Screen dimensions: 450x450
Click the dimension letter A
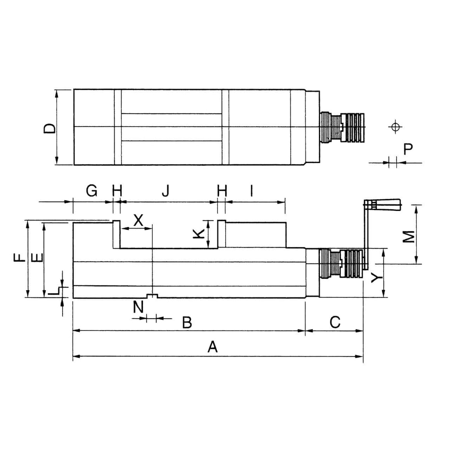point(212,347)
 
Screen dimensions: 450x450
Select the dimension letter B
point(187,322)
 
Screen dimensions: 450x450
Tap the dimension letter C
point(335,322)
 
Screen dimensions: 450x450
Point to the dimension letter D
point(49,128)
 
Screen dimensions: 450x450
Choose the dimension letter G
point(92,191)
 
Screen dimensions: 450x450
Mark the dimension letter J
point(166,191)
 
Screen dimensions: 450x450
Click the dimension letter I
point(252,191)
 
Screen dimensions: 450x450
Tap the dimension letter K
point(199,233)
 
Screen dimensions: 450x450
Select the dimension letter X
point(138,221)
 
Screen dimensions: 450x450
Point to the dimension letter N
point(138,307)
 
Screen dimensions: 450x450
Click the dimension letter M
point(408,236)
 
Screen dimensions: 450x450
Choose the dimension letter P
point(408,149)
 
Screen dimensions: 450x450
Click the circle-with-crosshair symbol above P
point(395,127)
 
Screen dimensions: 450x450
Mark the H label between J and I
point(222,191)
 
